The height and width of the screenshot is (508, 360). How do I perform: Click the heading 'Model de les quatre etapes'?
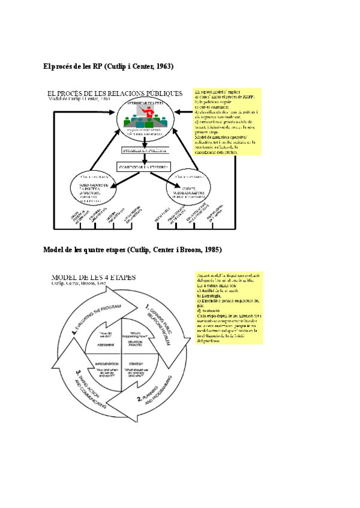click(133, 249)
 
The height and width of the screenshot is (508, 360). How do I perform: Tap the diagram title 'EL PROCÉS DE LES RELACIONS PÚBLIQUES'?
click(115, 93)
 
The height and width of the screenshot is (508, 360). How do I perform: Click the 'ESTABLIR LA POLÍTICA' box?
click(144, 150)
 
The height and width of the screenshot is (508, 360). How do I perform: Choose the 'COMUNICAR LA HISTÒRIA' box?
click(144, 165)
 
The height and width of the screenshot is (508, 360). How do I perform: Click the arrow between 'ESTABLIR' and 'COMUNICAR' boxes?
click(144, 158)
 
